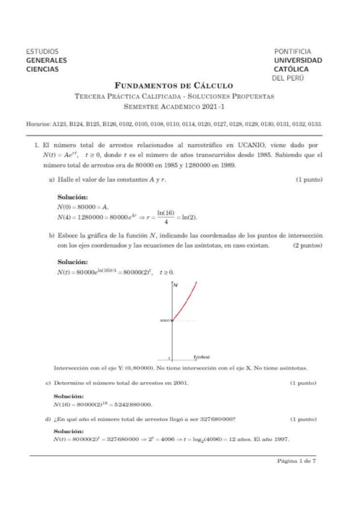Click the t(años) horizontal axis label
coord(201,357)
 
